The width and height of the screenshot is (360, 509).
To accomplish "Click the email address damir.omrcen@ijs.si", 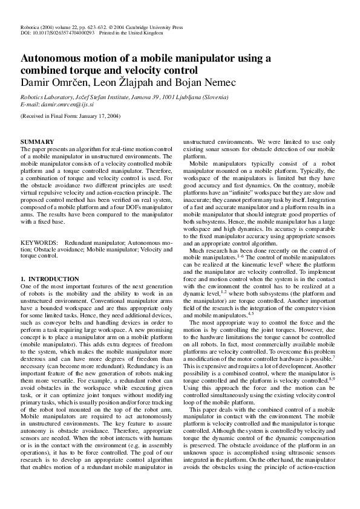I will coord(71,104).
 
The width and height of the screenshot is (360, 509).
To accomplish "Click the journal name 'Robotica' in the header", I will coord(30,28).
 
